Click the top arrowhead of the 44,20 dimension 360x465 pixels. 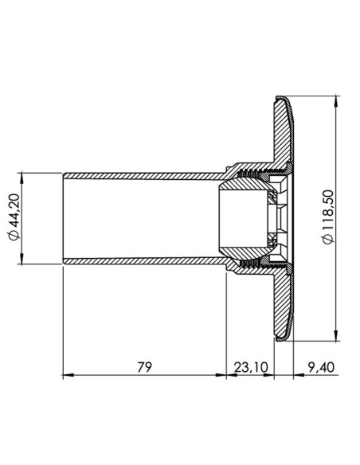(24, 174)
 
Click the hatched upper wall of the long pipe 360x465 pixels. (143, 174)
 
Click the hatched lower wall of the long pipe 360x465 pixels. (143, 261)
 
